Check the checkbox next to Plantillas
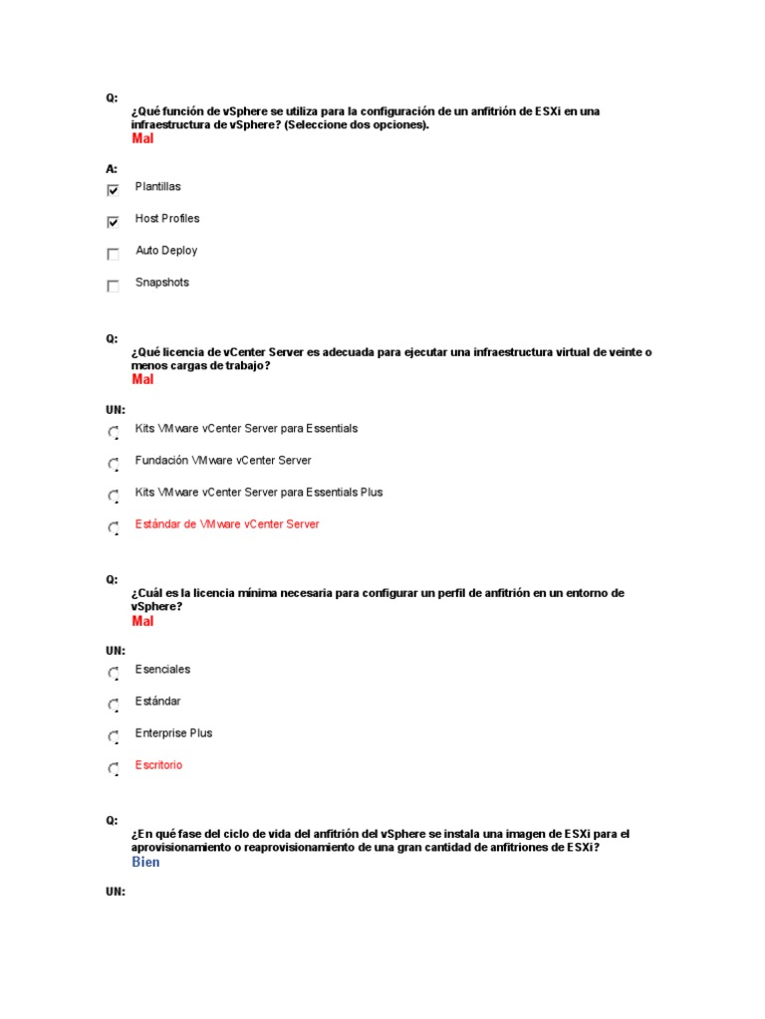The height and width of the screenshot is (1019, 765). click(113, 190)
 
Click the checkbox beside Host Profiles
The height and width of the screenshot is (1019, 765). click(113, 222)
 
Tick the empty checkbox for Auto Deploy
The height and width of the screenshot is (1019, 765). click(113, 254)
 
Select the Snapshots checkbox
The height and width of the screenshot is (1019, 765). click(113, 286)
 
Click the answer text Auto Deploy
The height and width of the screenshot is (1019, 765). click(166, 251)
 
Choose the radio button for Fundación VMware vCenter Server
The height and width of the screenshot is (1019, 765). click(113, 464)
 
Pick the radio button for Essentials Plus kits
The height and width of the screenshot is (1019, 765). click(113, 496)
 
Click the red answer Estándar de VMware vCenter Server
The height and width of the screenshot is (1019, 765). click(227, 524)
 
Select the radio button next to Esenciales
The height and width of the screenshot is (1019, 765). click(113, 673)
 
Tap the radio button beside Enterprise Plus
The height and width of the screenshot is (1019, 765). click(113, 736)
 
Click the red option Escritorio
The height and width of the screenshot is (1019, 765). click(159, 765)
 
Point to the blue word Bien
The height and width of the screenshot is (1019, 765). click(145, 862)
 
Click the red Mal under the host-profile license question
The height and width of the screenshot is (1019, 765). click(142, 621)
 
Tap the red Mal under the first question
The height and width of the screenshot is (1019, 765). click(142, 138)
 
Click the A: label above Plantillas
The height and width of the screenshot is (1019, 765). click(112, 169)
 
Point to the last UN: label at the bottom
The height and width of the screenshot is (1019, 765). click(116, 892)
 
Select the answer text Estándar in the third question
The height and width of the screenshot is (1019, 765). click(158, 702)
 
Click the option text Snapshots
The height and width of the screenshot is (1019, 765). click(162, 283)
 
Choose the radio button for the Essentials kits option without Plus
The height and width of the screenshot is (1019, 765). click(113, 432)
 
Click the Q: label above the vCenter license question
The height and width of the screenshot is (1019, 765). click(112, 338)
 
